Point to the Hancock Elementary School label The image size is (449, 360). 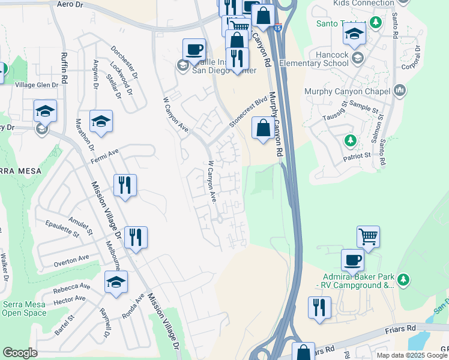coord(322,59)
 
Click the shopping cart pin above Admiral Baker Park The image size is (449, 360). coord(368,236)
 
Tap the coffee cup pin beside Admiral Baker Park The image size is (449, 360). coord(352,260)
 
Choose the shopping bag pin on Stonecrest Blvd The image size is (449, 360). coord(263,128)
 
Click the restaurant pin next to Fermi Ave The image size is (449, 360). coord(125,185)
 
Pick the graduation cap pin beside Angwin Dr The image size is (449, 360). coord(101,121)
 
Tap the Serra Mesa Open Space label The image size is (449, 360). coord(24,308)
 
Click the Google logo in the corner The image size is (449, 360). coord(20,353)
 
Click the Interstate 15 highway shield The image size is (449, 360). coord(277,27)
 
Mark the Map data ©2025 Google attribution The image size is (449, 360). coord(412,355)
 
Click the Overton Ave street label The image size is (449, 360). coord(71,259)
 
